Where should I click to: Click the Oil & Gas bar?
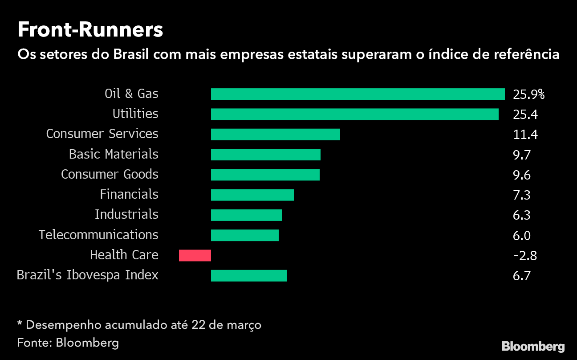[x=358, y=94]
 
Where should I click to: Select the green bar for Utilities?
[x=354, y=115]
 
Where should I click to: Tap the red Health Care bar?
[x=195, y=255]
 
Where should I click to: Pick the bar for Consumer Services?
[x=275, y=135]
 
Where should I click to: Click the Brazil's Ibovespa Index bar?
[x=248, y=276]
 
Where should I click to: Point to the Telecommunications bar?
[x=244, y=235]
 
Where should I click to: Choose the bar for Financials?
[x=252, y=195]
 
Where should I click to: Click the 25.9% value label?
[x=528, y=94]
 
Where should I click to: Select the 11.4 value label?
[x=525, y=135]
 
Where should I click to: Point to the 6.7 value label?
[x=521, y=276]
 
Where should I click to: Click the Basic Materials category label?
[x=114, y=154]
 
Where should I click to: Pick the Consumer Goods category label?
[x=110, y=174]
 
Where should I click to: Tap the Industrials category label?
[x=126, y=214]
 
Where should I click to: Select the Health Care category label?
[x=124, y=255]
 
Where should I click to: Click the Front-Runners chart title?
[x=90, y=30]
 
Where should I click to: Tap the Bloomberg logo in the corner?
[x=533, y=346]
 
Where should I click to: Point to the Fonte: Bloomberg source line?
[x=68, y=343]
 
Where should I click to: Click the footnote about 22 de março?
[x=139, y=325]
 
